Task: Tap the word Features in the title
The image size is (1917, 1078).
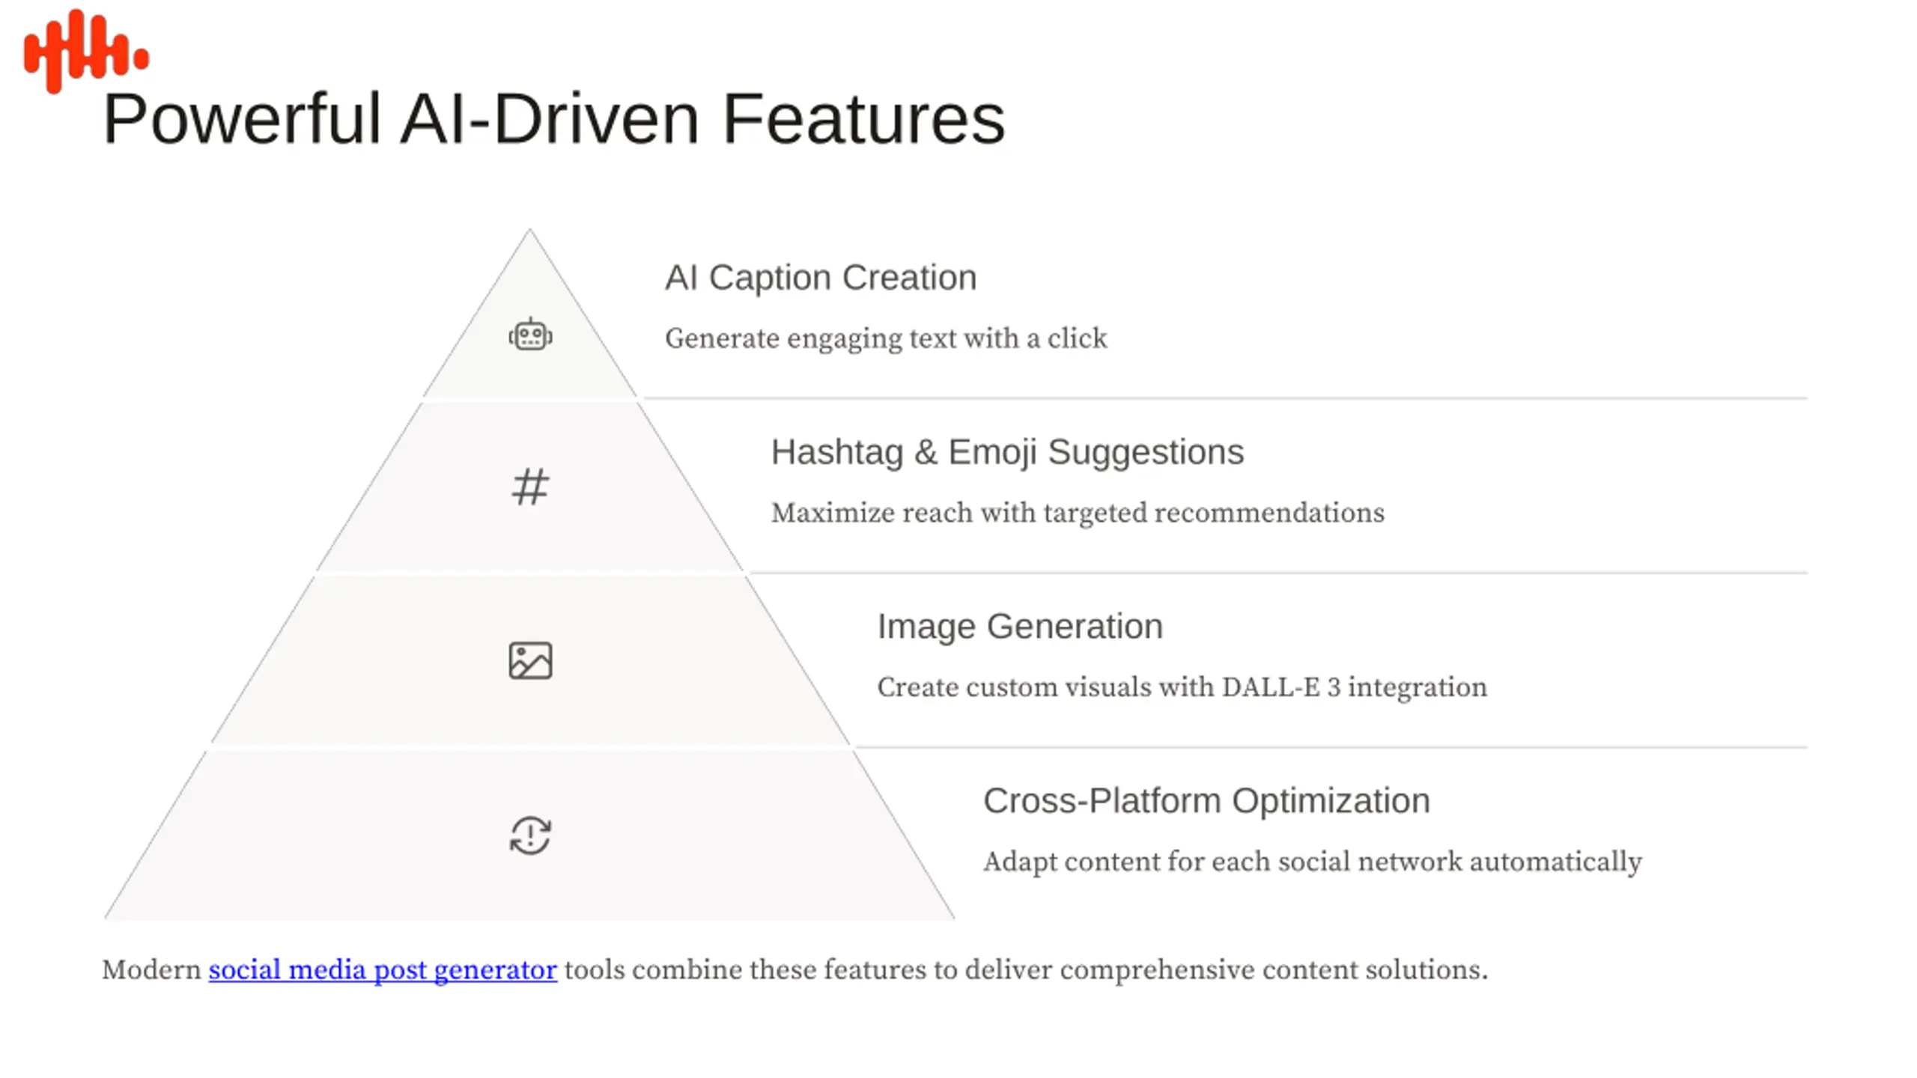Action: click(x=863, y=120)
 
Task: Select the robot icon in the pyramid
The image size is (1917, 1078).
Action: click(x=530, y=335)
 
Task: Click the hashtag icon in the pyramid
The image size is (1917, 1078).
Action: click(x=530, y=487)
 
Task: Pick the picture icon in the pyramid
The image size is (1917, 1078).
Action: click(x=530, y=661)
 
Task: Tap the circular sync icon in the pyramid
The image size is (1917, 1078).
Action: click(x=530, y=835)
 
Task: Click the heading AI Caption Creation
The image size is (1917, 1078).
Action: click(x=821, y=278)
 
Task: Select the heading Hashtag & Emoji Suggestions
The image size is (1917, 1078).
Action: click(x=1007, y=452)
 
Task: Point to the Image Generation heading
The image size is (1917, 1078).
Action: click(x=1020, y=627)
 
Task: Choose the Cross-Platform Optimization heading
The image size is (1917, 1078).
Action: click(x=1206, y=801)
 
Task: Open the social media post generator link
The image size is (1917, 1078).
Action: click(x=383, y=970)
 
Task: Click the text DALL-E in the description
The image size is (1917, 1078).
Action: click(x=1271, y=687)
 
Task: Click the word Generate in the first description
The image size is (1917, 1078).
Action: click(x=722, y=339)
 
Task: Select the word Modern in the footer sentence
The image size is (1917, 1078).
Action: click(x=151, y=970)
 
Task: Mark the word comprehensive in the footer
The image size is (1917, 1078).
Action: click(x=1157, y=970)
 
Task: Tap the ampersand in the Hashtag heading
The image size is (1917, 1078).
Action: click(x=926, y=453)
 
